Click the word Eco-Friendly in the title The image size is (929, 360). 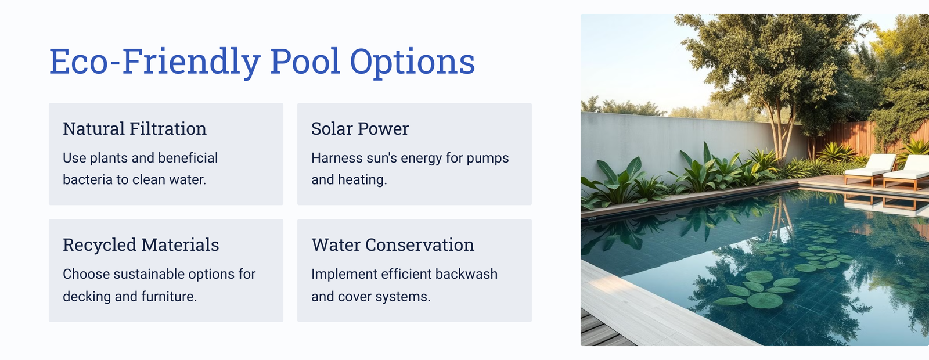155,62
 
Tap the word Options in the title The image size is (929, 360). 413,62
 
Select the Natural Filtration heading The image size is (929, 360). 135,128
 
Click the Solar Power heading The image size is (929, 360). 360,128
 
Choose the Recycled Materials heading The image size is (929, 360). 141,244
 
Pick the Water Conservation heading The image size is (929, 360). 393,244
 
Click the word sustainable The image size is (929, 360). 149,274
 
